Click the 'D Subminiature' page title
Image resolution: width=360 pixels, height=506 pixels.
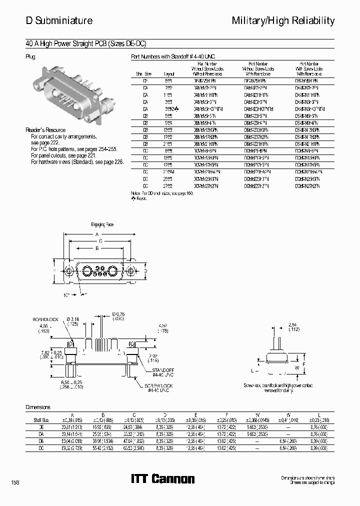[x=59, y=20]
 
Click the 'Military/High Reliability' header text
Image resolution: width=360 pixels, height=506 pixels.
[x=283, y=20]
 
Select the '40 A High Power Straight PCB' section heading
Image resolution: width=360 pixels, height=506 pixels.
[x=85, y=43]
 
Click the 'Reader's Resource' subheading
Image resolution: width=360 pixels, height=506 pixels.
[x=45, y=130]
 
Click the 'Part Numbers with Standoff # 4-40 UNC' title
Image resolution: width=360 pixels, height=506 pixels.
[x=172, y=57]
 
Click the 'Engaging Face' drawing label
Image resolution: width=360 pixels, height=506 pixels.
[x=102, y=224]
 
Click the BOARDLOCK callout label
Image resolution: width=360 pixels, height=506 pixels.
[x=46, y=319]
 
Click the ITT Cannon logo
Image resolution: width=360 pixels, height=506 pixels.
[x=162, y=479]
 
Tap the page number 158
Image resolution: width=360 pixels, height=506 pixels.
[x=15, y=482]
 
